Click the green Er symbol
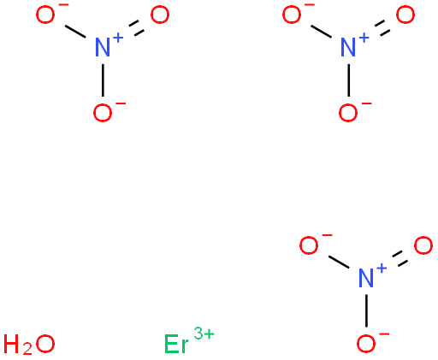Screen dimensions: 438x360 point(176,344)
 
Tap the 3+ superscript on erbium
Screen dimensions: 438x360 point(204,333)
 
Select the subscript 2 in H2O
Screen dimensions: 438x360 point(27,349)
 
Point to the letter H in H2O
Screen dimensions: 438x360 point(13,344)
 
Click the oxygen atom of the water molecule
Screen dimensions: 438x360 point(45,344)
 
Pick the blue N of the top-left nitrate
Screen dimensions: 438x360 point(103,48)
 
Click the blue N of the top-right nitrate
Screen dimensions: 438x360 point(348,48)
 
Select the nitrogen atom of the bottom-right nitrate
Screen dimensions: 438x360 point(366,278)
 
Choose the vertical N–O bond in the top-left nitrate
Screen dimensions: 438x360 point(103,80)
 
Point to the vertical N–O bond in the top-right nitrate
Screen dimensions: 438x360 point(348,80)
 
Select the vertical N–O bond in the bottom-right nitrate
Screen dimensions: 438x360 point(366,310)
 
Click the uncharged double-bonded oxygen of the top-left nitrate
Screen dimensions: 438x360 point(160,15)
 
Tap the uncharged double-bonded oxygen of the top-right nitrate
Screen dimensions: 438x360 point(405,15)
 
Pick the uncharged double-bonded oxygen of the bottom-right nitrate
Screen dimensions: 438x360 point(423,245)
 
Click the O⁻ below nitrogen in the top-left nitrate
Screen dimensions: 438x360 point(103,113)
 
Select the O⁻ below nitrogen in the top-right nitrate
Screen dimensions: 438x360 point(348,113)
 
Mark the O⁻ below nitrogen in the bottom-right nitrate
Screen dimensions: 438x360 point(366,344)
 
